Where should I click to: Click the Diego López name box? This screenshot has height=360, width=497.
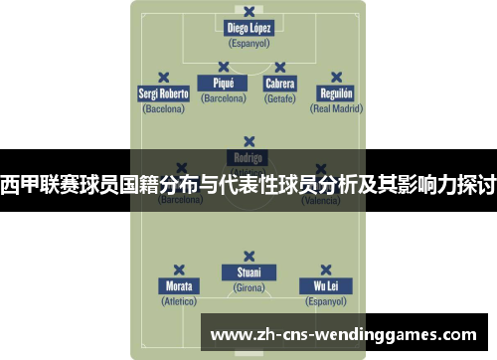click(x=248, y=28)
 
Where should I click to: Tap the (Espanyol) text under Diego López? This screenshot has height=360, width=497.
click(x=248, y=44)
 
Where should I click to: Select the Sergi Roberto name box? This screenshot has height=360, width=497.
click(x=164, y=94)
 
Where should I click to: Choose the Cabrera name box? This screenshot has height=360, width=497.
click(x=279, y=85)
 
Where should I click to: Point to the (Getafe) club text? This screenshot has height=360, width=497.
click(x=279, y=99)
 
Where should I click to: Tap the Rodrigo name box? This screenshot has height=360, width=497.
click(x=248, y=157)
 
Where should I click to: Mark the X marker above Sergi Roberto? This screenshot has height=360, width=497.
click(x=164, y=77)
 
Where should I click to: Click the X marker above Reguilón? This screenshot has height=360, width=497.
click(x=336, y=77)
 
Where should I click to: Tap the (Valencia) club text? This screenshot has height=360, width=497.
click(x=321, y=201)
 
